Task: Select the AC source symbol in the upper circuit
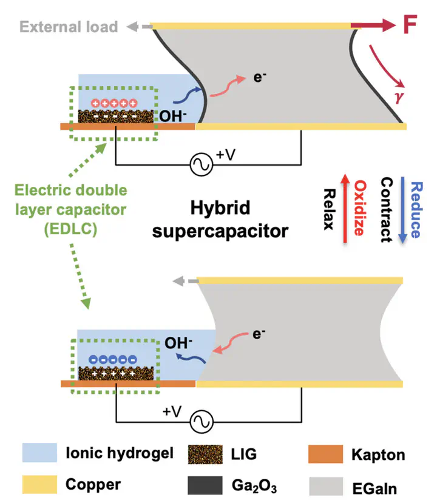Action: click(x=201, y=164)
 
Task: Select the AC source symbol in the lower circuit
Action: click(x=201, y=422)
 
